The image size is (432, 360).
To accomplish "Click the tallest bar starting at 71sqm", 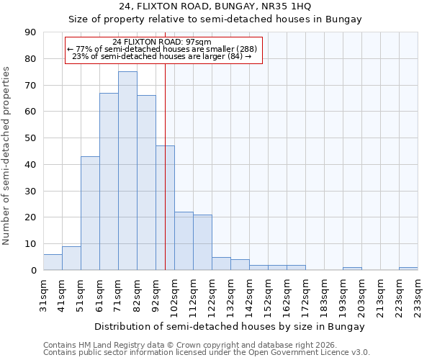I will (x=127, y=171).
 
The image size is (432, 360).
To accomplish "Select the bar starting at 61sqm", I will (x=109, y=181).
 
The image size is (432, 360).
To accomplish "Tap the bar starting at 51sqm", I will (x=90, y=213).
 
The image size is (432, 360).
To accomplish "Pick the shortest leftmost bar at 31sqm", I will (x=53, y=262).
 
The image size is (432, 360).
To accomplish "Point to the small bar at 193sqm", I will (x=352, y=269).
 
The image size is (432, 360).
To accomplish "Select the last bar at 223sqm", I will (x=408, y=269).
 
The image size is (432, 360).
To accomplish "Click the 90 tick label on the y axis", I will (x=30, y=32).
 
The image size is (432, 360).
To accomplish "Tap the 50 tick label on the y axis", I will (x=30, y=138).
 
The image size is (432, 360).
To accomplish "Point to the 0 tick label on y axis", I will (x=33, y=270).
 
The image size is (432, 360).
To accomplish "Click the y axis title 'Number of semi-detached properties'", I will (x=7, y=155).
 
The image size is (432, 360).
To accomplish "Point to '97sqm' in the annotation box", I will (x=199, y=42).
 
